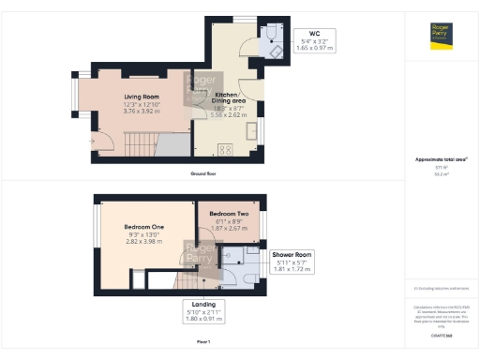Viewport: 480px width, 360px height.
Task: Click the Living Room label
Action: click(144, 96)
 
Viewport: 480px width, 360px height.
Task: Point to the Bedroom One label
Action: click(144, 227)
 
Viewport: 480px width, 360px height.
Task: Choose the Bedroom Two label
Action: click(227, 214)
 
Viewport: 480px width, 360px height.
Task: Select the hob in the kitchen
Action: click(225, 147)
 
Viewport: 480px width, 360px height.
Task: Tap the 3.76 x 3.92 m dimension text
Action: click(144, 111)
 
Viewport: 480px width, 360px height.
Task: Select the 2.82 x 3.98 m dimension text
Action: click(144, 242)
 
